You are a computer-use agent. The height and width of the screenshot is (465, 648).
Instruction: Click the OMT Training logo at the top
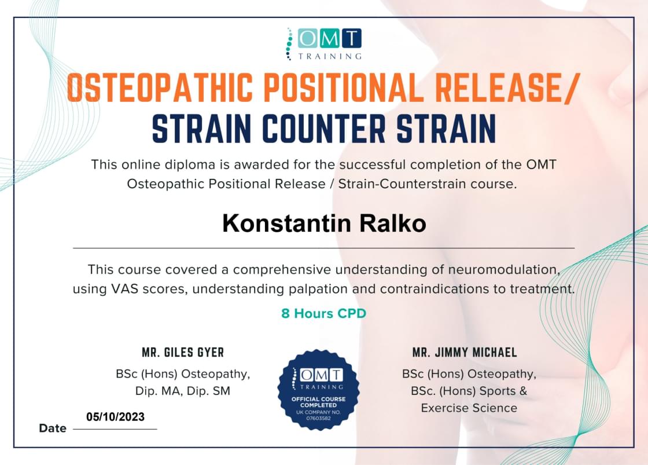point(324,44)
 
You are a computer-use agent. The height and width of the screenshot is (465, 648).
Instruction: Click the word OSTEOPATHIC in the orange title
point(160,87)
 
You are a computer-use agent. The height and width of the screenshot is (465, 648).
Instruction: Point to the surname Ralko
point(393,224)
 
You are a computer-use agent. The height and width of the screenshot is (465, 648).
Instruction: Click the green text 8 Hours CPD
point(323,313)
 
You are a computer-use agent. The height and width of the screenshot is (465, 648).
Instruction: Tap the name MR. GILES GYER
point(183,353)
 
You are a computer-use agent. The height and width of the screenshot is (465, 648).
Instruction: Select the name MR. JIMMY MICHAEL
point(465,353)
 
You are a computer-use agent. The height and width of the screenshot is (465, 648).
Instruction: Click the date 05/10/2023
point(115,416)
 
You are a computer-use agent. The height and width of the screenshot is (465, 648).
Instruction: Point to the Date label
point(53,428)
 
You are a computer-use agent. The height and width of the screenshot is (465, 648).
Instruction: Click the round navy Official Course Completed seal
point(319,390)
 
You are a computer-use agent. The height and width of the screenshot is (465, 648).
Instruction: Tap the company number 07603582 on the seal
point(318,418)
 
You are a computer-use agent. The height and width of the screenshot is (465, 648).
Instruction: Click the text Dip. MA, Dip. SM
point(183,391)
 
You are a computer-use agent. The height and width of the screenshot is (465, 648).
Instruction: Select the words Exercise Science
point(469,408)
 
